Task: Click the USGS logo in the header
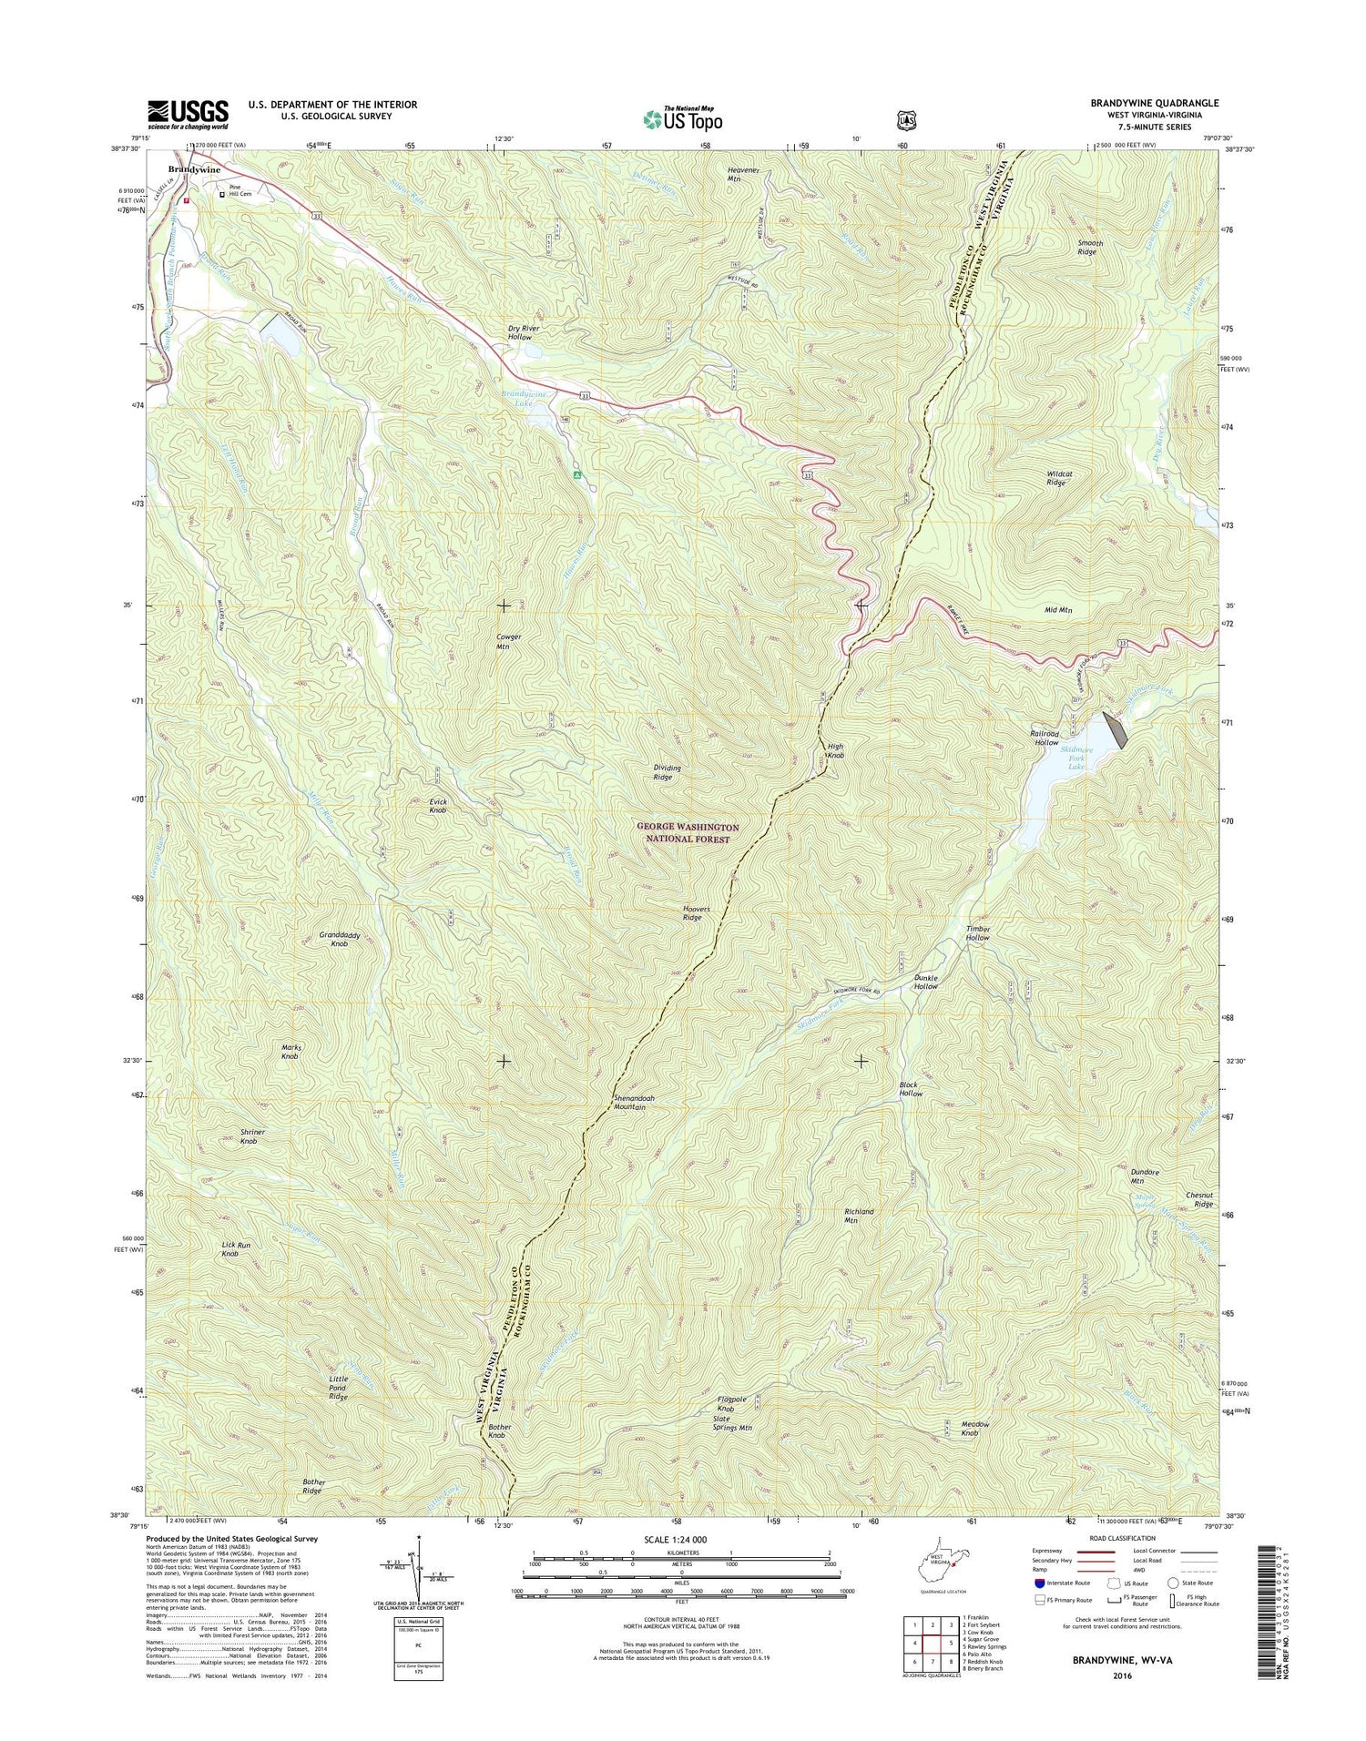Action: coord(188,111)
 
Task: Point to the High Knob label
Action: coord(834,750)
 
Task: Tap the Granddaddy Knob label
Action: coord(340,939)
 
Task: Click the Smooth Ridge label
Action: coord(1087,247)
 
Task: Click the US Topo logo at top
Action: coord(682,118)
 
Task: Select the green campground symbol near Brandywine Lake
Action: coord(576,474)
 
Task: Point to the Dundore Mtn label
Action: coord(1123,1176)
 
